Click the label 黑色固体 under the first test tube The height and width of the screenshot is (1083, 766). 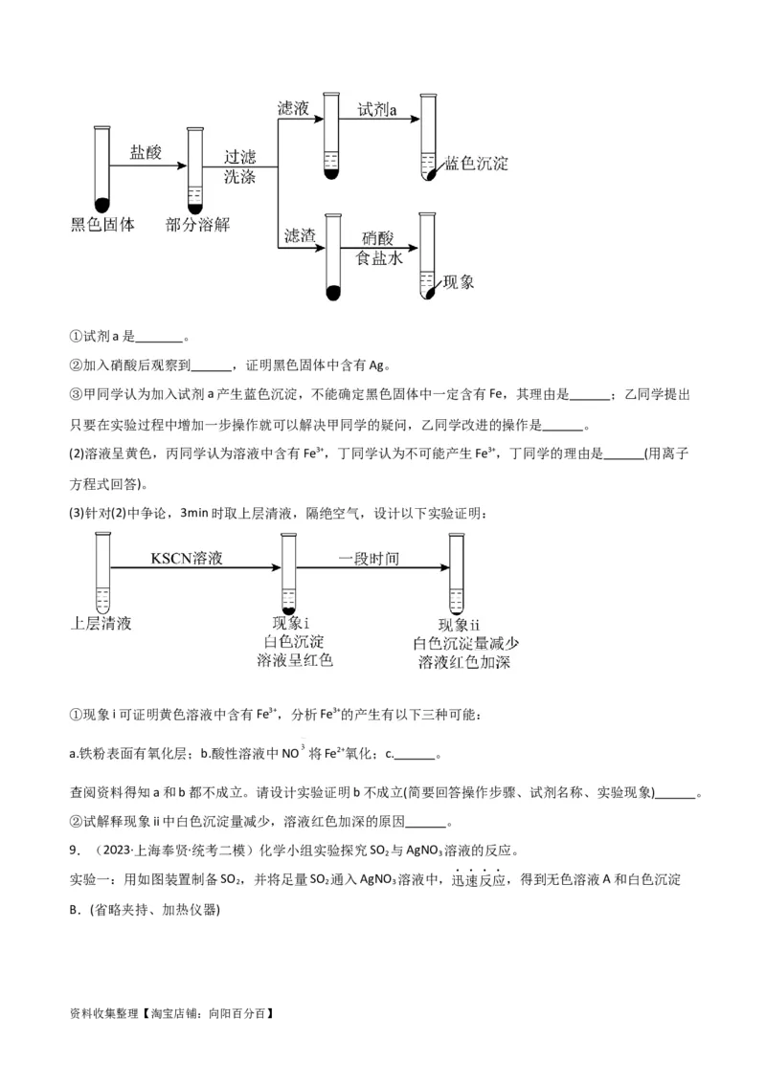[x=102, y=225]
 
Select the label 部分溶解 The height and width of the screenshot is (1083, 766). [x=197, y=225]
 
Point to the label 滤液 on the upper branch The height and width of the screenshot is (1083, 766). [x=293, y=109]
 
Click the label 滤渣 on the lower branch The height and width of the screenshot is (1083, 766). [x=299, y=235]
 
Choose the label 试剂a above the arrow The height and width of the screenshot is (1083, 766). [x=377, y=110]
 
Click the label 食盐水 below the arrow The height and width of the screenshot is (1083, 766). [x=380, y=258]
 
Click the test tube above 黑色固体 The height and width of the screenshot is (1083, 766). [x=101, y=168]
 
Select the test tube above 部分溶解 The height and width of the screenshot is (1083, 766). [x=195, y=168]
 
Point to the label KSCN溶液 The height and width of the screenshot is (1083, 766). [x=186, y=558]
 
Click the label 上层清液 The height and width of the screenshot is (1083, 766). [x=101, y=624]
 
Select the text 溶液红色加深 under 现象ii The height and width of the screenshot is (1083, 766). [x=463, y=662]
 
